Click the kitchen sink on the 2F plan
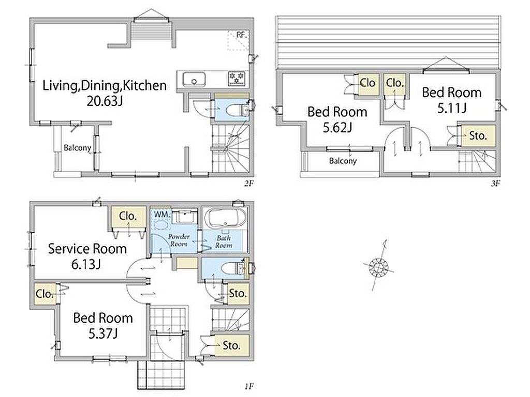[x=194, y=80]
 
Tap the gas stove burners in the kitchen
[x=236, y=79]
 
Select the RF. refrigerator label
[x=242, y=35]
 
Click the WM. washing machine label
[x=162, y=214]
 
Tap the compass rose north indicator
[x=378, y=266]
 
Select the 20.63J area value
[x=105, y=101]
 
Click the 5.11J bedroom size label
[x=451, y=109]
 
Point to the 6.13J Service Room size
[x=86, y=264]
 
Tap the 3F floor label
[x=495, y=184]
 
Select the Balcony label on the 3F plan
[x=343, y=161]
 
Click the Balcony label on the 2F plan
[x=78, y=148]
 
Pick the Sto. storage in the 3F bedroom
[x=478, y=136]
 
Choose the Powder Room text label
[x=179, y=240]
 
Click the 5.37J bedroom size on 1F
[x=103, y=334]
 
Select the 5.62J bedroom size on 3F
[x=337, y=128]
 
